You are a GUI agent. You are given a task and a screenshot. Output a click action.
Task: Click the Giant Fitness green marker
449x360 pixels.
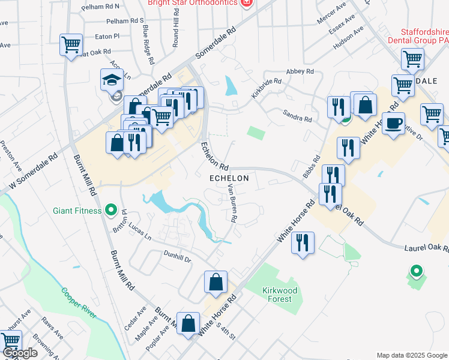[x=110, y=210]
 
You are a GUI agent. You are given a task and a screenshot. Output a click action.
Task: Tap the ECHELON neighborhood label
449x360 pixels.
[x=229, y=179]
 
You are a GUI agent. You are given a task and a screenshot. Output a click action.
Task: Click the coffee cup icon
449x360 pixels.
[x=393, y=124]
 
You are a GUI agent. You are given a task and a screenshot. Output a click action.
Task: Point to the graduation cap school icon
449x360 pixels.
[x=112, y=80]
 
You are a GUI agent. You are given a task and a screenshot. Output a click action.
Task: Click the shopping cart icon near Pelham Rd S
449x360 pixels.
[x=71, y=44]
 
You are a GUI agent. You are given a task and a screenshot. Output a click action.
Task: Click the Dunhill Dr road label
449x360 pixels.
[x=177, y=256]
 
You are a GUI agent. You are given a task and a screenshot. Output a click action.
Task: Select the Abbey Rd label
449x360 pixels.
[x=301, y=71]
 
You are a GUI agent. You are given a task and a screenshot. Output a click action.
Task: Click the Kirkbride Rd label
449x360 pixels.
[x=267, y=88]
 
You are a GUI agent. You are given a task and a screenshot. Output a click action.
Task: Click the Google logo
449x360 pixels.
[x=20, y=353]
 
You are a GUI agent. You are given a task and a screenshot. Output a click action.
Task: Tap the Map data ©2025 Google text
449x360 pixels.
[x=411, y=355]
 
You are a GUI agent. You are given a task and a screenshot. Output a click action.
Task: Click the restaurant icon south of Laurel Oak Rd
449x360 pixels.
[x=303, y=243]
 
